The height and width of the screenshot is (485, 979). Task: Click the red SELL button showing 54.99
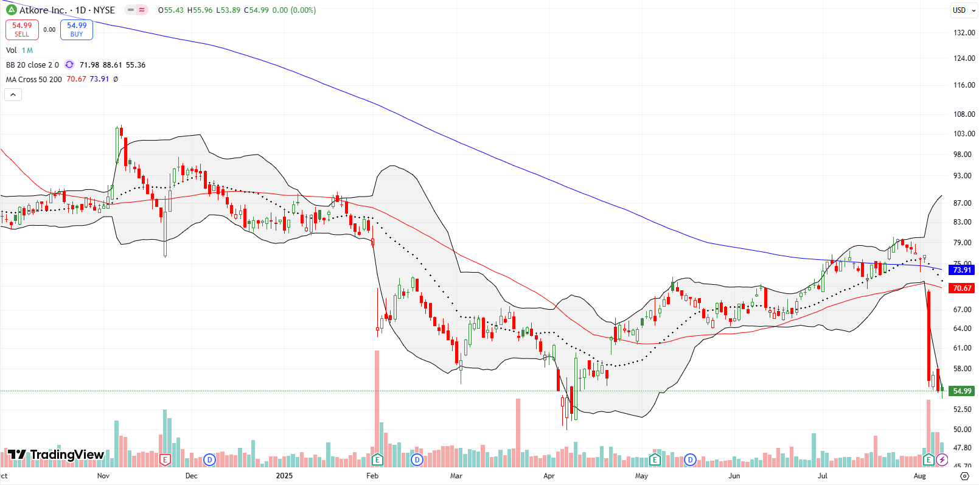tap(22, 29)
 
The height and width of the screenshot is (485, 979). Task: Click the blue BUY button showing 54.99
tap(77, 29)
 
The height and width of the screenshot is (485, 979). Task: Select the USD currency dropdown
tap(963, 10)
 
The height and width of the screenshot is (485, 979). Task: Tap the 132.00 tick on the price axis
tap(964, 33)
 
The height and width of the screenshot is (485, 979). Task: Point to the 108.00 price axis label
tap(964, 114)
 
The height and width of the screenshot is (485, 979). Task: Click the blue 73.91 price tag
tap(962, 270)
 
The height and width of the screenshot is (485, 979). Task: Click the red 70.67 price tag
tap(962, 288)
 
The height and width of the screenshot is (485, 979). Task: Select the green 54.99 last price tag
tap(962, 391)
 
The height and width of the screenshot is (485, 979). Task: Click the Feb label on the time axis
tap(372, 476)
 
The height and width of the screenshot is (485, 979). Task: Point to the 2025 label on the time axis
tap(284, 476)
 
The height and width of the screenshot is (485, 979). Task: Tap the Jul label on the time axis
tap(823, 476)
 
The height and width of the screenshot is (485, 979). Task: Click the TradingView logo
tap(56, 455)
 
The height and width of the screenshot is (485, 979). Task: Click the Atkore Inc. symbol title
tap(43, 10)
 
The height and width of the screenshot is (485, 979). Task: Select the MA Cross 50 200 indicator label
tap(34, 80)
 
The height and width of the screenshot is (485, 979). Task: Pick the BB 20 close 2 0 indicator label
tap(32, 65)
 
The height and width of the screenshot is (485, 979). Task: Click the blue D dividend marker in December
tap(209, 459)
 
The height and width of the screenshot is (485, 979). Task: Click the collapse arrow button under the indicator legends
tap(13, 94)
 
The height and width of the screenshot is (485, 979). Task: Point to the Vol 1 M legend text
tap(19, 51)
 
